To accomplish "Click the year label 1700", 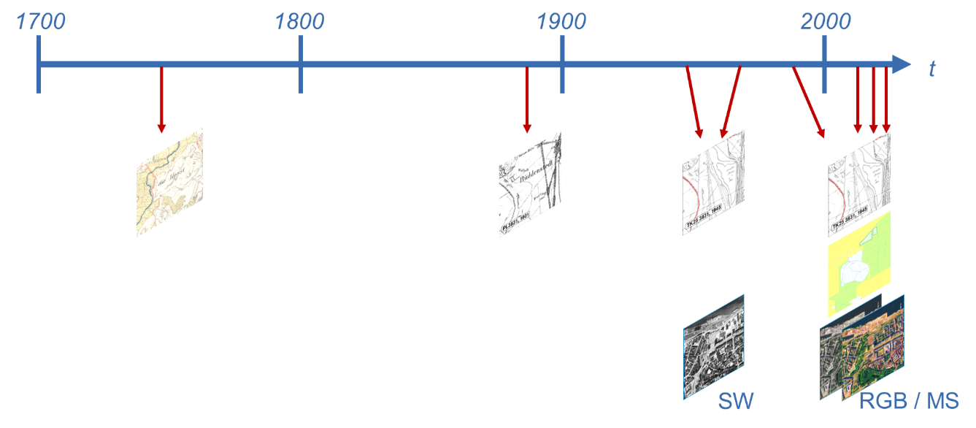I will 41,22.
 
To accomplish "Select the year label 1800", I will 299,22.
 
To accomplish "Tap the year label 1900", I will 561,22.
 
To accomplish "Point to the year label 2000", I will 826,22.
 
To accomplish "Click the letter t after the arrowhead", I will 931,69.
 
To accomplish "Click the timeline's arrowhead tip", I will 910,64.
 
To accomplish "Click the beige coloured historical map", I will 169,183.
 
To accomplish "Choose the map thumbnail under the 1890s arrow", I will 530,183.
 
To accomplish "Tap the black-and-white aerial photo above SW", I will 713,346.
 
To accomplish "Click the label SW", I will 735,401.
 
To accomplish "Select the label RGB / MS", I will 908,401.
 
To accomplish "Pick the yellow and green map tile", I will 859,263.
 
